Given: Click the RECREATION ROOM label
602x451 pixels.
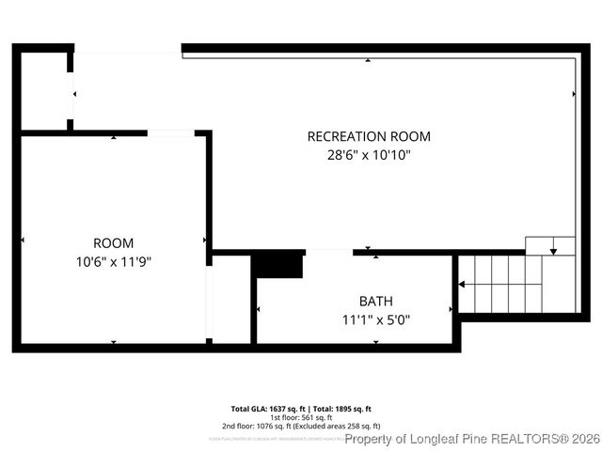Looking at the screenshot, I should (369, 136).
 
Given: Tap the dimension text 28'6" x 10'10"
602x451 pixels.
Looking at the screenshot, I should (369, 155).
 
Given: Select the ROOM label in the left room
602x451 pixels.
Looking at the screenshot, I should (113, 242).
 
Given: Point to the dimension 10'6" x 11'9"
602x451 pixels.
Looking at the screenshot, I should (113, 261).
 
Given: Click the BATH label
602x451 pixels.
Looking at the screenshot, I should (376, 302).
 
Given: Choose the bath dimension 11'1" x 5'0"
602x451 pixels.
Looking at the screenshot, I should (376, 319).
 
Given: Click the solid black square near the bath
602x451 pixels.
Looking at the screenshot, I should (279, 265).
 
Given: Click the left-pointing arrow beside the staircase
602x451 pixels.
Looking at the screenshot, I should (461, 283).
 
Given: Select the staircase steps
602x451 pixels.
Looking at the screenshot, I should (513, 283).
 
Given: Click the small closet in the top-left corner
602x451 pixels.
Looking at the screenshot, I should (43, 90).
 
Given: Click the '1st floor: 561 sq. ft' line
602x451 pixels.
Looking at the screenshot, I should (301, 417).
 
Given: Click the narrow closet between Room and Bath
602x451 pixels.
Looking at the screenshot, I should (230, 299).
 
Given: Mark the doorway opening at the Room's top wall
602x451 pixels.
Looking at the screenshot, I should (171, 133).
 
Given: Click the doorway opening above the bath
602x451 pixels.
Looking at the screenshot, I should (329, 252).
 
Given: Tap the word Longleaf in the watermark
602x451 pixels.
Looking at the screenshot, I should (434, 439).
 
